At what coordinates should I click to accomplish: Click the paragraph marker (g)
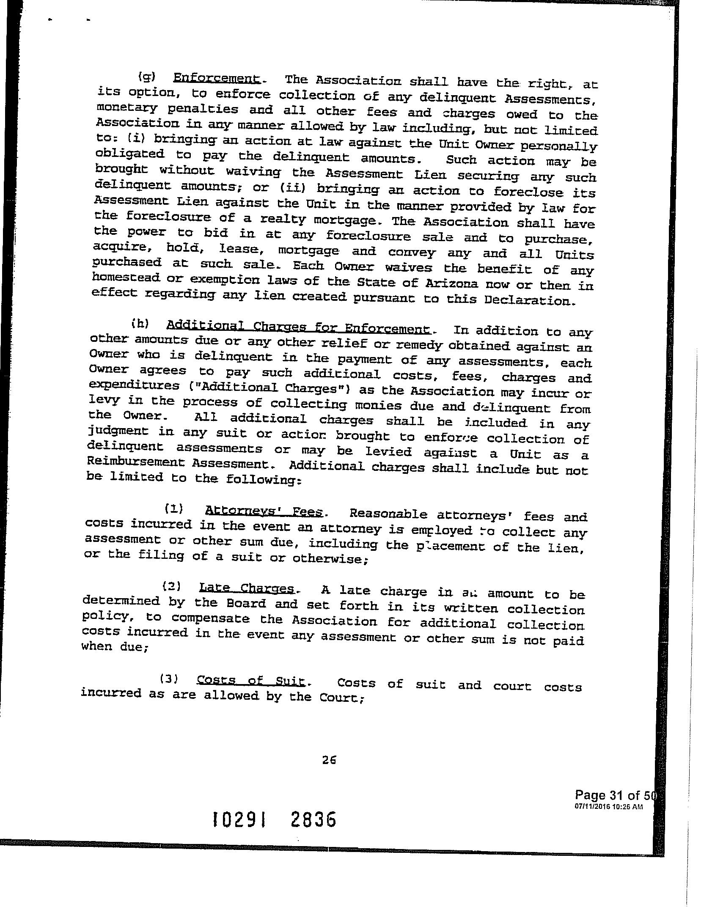coord(147,77)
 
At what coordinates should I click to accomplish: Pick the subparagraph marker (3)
coord(168,679)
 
